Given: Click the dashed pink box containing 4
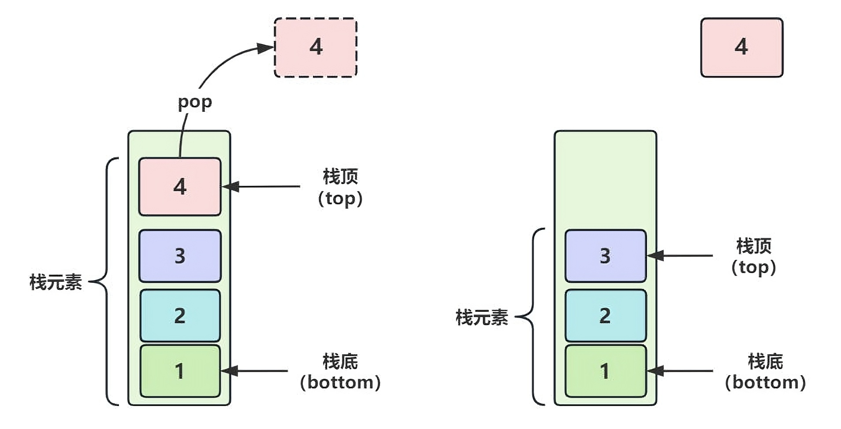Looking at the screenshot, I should click(x=316, y=48).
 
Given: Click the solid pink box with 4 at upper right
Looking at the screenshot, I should click(x=741, y=48).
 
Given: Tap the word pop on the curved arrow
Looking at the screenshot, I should click(x=195, y=102).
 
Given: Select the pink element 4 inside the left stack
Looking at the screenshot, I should click(x=180, y=187).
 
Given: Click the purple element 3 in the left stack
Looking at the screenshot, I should click(x=180, y=256).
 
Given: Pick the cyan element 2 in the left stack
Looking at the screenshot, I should click(x=180, y=315).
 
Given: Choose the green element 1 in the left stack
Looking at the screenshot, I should click(x=180, y=371).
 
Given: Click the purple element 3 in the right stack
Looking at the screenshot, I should click(x=605, y=256).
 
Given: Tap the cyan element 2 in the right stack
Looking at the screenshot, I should click(x=605, y=315).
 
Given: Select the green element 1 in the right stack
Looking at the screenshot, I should click(x=605, y=371).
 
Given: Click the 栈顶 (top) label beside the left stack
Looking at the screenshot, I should click(x=340, y=187).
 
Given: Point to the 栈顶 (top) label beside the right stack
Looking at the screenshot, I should click(x=753, y=256).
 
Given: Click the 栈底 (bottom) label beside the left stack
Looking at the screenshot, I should click(x=340, y=372).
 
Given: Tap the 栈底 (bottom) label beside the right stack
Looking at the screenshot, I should click(x=765, y=372).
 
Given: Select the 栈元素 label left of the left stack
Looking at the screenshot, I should click(x=56, y=282).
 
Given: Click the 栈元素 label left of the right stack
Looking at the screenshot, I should click(x=481, y=317).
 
